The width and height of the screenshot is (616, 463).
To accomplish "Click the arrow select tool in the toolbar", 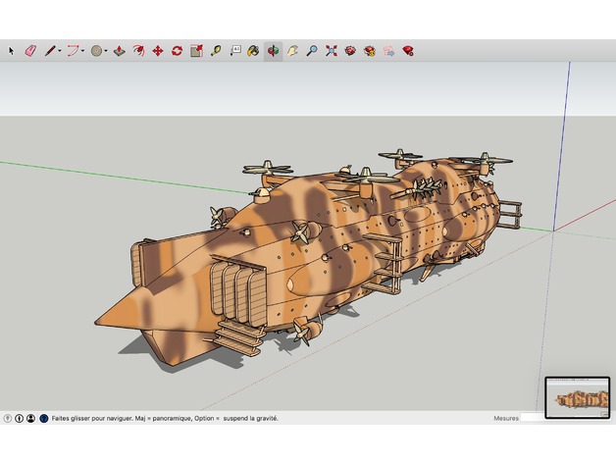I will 12,50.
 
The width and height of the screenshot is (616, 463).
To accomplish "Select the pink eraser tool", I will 29,50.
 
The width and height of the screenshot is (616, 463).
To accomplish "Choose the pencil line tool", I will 49,50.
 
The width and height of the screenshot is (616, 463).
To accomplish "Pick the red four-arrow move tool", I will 157,50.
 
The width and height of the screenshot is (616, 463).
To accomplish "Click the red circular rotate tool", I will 177,50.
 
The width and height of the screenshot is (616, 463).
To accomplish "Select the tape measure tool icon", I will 215,50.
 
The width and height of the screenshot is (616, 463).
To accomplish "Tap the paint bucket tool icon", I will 253,50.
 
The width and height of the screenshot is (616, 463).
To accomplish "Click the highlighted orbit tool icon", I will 273,50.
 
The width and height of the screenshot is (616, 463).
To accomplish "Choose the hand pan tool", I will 292,50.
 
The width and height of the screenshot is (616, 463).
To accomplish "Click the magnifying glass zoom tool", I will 311,50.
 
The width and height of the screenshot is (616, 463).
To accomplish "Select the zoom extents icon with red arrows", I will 331,50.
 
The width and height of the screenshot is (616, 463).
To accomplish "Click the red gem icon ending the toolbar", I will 407,50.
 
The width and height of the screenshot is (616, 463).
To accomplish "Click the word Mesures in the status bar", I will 506,419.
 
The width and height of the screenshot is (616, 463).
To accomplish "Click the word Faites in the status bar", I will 62,419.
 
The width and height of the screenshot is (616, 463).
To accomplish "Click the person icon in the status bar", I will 30,419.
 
